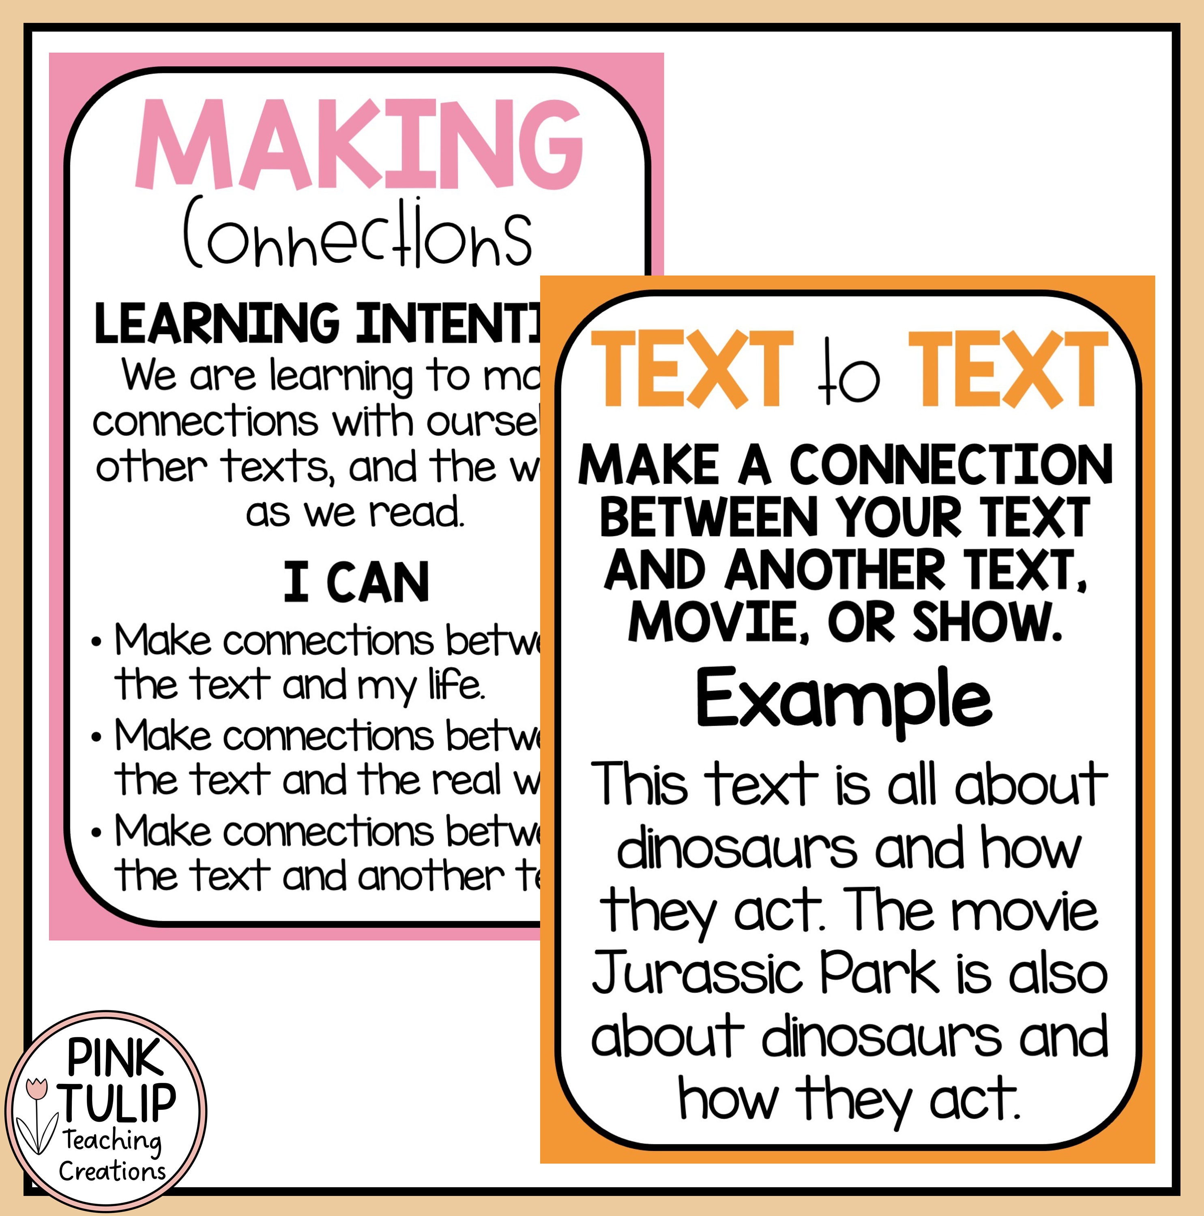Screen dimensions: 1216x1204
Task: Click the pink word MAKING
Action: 359,145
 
